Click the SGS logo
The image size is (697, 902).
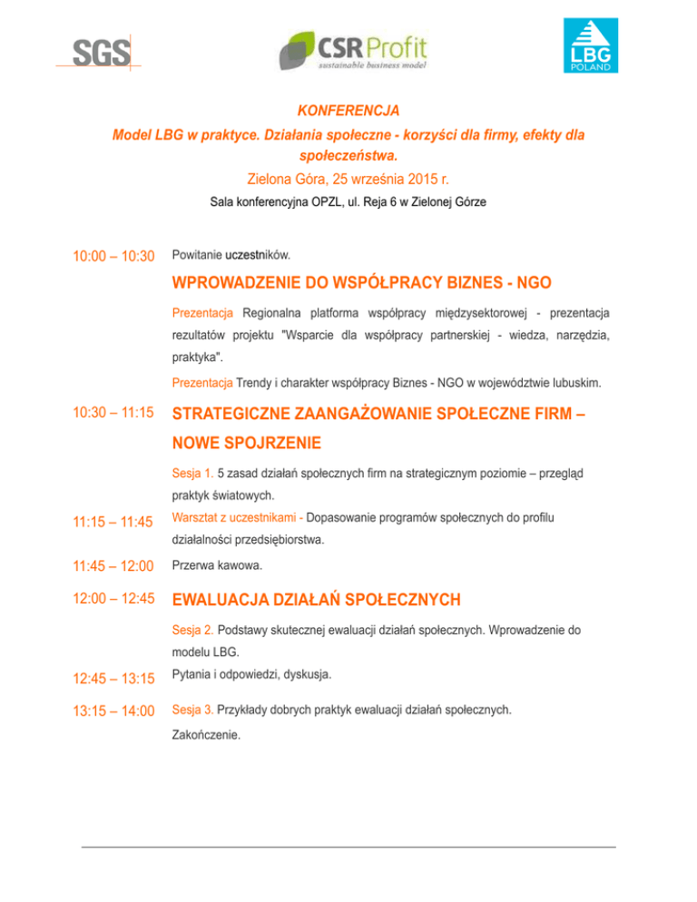pyautogui.click(x=101, y=54)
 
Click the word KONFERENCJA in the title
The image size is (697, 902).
pyautogui.click(x=348, y=111)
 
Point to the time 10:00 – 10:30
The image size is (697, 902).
pyautogui.click(x=113, y=257)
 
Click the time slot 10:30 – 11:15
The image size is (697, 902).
pyautogui.click(x=113, y=412)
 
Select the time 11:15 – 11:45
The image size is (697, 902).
pyautogui.click(x=113, y=524)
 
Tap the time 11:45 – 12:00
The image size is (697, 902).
pyautogui.click(x=113, y=565)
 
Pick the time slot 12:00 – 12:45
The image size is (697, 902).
pyautogui.click(x=113, y=600)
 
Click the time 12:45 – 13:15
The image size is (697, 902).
pyautogui.click(x=113, y=677)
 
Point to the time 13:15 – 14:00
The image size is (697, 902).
pyautogui.click(x=113, y=711)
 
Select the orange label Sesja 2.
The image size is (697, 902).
pyautogui.click(x=192, y=629)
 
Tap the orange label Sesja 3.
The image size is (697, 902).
pyautogui.click(x=192, y=710)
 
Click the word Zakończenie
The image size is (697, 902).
pyautogui.click(x=206, y=737)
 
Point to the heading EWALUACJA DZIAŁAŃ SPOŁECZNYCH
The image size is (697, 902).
pyautogui.click(x=316, y=600)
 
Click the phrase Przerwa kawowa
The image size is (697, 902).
pyautogui.click(x=214, y=564)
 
